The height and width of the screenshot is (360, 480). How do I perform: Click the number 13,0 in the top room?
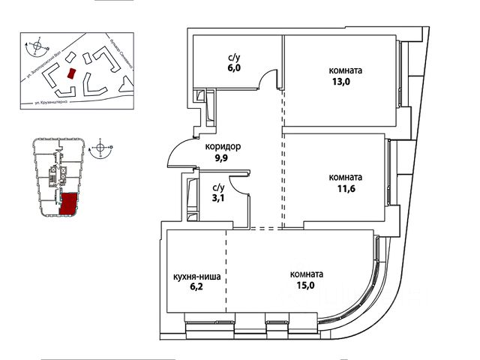(x=345, y=83)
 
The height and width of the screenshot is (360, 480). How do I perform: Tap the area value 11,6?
(x=345, y=190)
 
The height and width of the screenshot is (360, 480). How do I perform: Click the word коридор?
(x=223, y=148)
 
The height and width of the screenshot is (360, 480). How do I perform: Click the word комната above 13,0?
(x=346, y=71)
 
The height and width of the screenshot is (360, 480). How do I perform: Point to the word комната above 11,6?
(x=346, y=178)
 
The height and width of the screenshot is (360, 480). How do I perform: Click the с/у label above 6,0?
(x=233, y=55)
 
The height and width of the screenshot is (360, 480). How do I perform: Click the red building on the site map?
(x=71, y=73)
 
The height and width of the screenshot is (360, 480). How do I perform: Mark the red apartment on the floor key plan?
(x=68, y=203)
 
